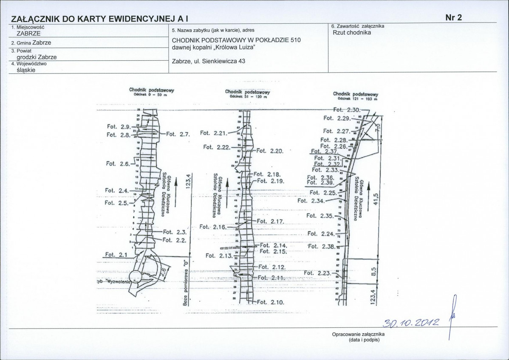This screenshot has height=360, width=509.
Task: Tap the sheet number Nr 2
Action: point(453,17)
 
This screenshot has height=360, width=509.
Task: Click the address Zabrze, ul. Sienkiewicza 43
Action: point(208,61)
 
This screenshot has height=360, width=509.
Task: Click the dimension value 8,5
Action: point(374,270)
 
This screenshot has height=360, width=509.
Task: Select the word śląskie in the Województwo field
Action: point(25,70)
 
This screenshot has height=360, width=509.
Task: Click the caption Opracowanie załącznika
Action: point(361,335)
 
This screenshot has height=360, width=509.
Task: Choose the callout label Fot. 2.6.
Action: point(119,163)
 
